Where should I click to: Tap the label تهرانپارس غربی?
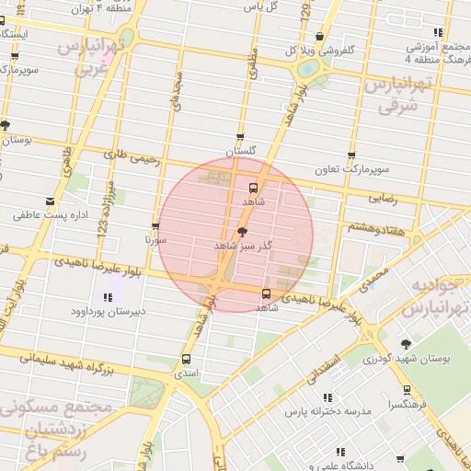[x=90, y=55]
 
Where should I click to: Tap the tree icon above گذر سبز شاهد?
[x=242, y=232]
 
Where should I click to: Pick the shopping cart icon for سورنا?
[x=155, y=225]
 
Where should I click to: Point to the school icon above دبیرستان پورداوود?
[x=109, y=297]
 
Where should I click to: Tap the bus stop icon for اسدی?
[x=187, y=360]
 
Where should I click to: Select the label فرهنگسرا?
[x=406, y=403]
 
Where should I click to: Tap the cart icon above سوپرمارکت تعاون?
[x=350, y=155]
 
